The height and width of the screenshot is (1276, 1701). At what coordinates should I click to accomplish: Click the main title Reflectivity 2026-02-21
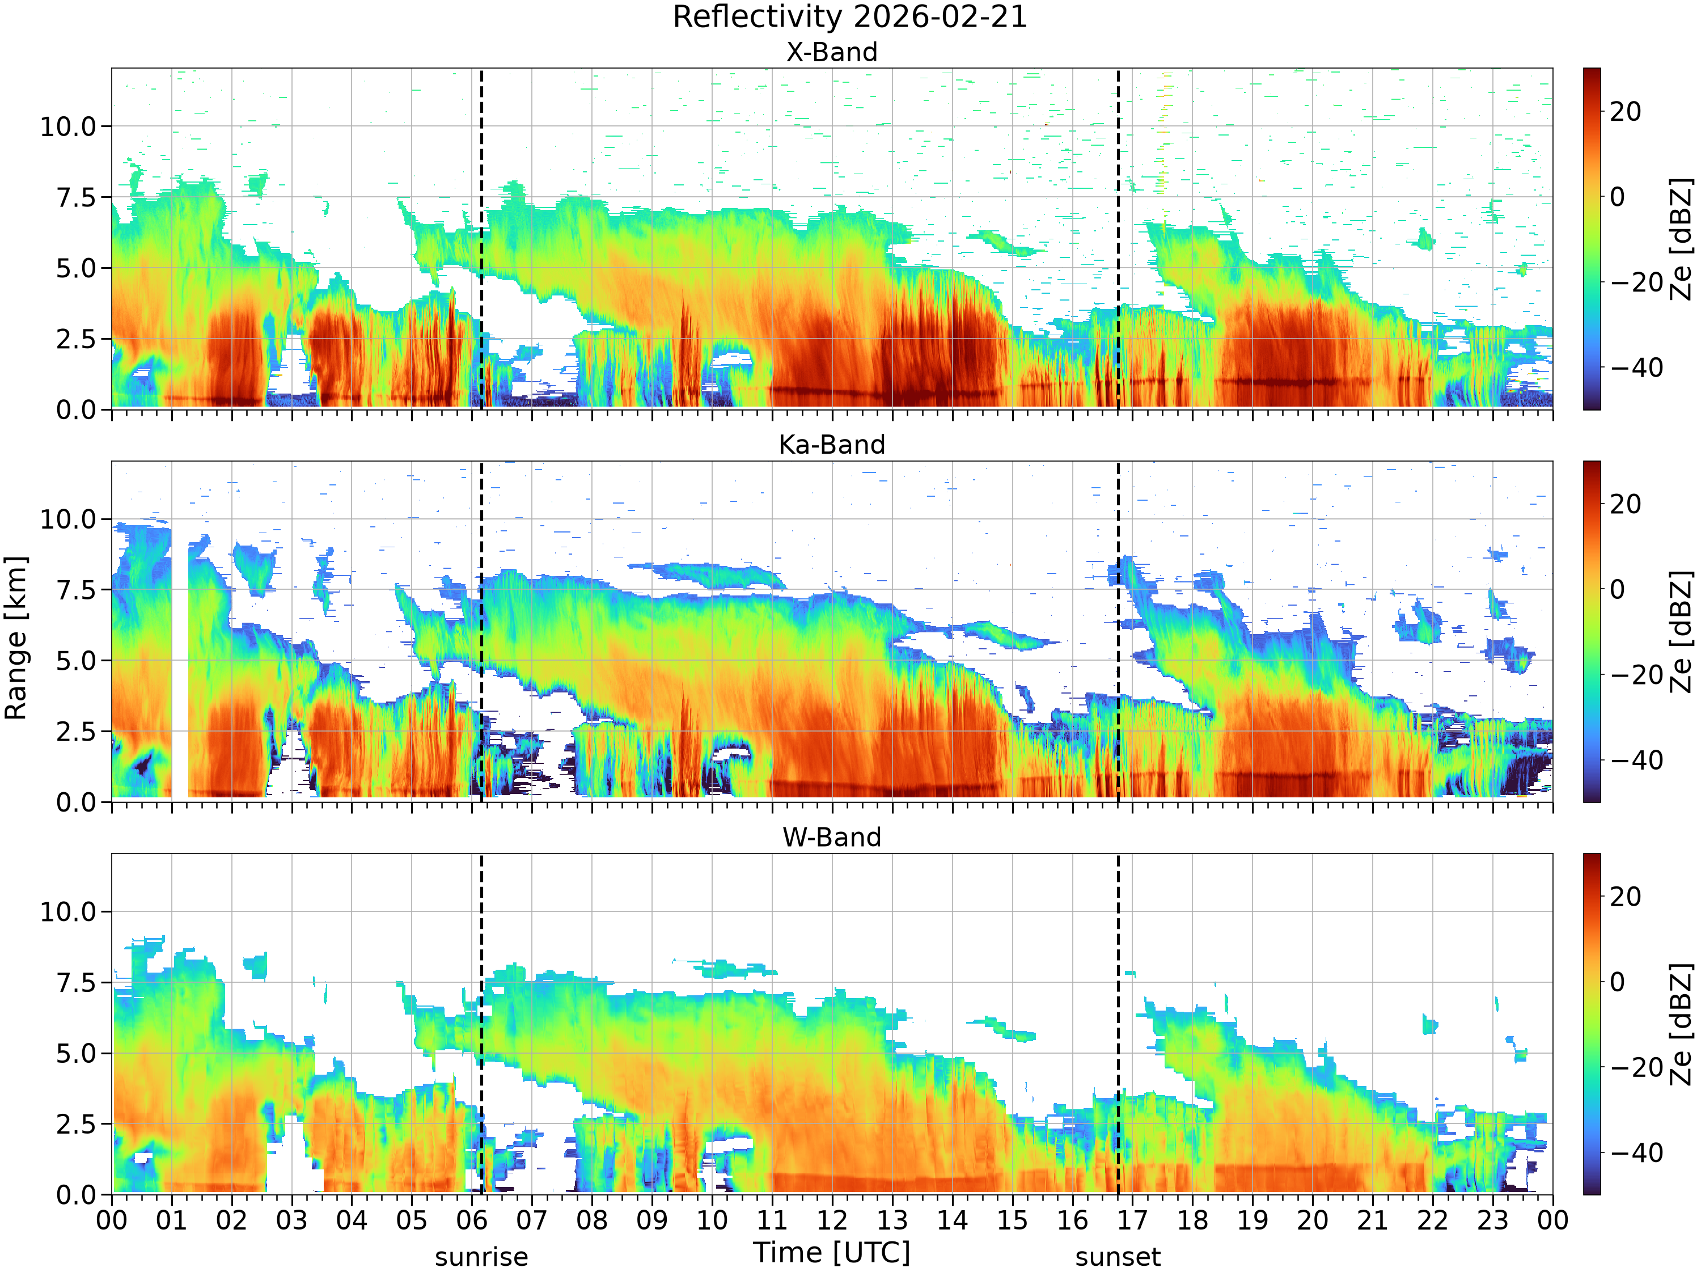click(850, 17)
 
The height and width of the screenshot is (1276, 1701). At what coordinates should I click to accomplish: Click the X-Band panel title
click(831, 52)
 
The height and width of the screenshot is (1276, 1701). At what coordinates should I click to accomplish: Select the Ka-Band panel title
click(831, 445)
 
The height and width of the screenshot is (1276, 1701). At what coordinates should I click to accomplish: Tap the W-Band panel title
click(831, 837)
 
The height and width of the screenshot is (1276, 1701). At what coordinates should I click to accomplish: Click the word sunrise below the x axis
click(481, 1257)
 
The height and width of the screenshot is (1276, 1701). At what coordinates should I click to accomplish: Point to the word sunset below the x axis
click(1118, 1257)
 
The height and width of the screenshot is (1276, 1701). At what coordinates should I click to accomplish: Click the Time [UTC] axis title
click(831, 1252)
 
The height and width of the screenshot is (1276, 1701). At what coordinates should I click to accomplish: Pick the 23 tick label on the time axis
click(1492, 1220)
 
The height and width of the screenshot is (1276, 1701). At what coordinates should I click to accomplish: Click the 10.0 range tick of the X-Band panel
click(69, 126)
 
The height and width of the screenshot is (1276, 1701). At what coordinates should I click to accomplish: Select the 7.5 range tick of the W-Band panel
click(77, 982)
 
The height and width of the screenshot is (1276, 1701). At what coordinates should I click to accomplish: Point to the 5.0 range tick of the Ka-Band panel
click(77, 661)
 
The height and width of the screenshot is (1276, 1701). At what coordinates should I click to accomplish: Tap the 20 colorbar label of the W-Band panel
click(1626, 896)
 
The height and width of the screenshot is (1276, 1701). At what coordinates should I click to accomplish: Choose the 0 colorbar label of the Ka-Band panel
click(1618, 589)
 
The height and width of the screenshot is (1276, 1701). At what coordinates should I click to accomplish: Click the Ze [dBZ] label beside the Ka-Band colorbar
click(1682, 631)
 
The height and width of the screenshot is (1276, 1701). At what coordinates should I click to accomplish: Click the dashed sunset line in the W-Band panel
click(1118, 1024)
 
